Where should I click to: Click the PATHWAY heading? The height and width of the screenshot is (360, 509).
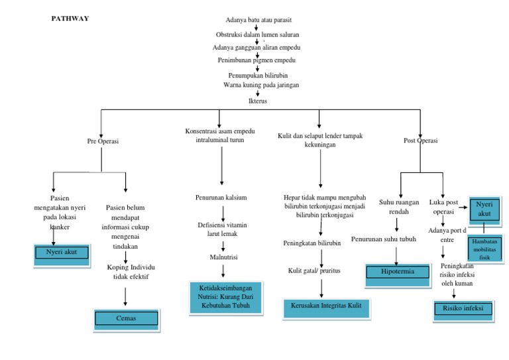(70, 19)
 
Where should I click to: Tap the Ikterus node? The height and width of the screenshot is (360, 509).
(257, 101)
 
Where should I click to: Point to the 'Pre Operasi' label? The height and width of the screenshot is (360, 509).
(103, 141)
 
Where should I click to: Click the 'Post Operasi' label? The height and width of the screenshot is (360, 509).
(421, 141)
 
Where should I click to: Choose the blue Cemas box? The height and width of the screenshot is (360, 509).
(126, 319)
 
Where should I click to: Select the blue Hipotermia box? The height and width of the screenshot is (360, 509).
(396, 272)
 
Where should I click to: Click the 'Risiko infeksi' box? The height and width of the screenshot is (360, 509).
(459, 309)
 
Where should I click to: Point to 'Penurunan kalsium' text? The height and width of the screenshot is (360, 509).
(221, 198)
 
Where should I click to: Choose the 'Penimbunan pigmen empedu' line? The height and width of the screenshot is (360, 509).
(256, 60)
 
